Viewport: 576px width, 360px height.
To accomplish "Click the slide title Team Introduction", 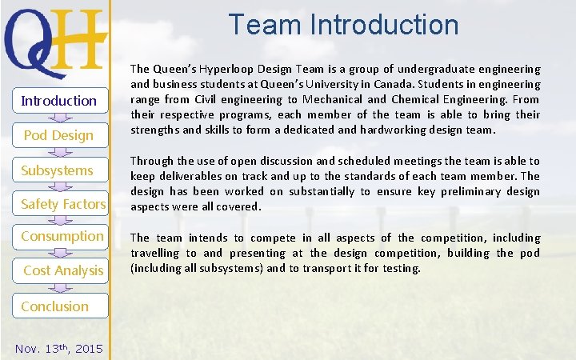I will (343, 24).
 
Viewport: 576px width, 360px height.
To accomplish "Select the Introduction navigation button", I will (58, 100).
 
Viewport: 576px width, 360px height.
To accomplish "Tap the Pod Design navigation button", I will (58, 135).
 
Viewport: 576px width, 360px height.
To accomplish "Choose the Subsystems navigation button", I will (57, 170).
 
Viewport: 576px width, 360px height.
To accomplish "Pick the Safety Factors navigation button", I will (62, 204).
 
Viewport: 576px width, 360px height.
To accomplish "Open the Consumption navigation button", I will (62, 236).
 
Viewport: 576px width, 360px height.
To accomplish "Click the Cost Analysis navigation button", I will (63, 270).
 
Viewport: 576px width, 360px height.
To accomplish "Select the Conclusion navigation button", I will (54, 306).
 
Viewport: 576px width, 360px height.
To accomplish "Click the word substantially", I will (317, 191).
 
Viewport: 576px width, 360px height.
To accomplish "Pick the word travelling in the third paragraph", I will (156, 253).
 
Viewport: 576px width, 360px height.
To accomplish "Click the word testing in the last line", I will (402, 268).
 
